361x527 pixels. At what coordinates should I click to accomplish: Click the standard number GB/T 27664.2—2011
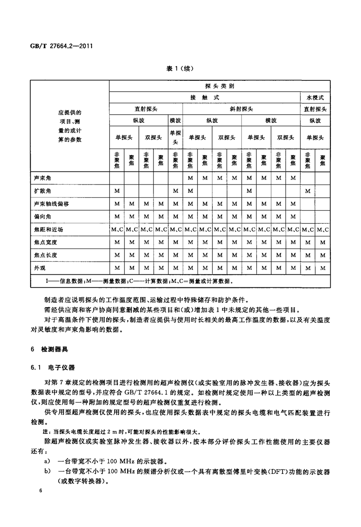61,46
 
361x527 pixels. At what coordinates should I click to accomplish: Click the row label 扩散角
43,191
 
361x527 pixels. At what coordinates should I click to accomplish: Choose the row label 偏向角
43,217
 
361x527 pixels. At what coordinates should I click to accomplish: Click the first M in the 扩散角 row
117,191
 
